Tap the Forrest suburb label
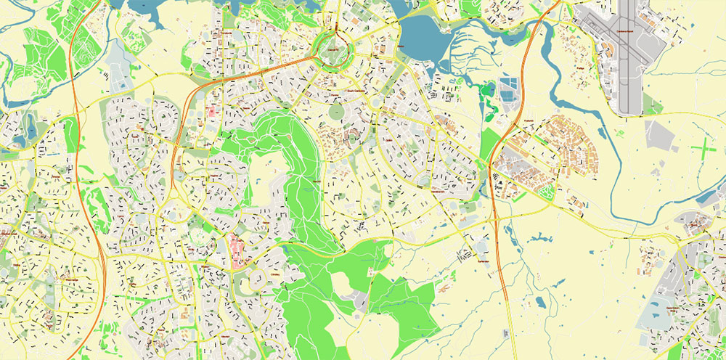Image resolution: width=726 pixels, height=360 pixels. (335, 94)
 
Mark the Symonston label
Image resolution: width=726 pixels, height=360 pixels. (484, 259)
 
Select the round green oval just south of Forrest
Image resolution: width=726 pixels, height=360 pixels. (335, 112)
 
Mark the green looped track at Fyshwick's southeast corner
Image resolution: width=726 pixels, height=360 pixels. (545, 192)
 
